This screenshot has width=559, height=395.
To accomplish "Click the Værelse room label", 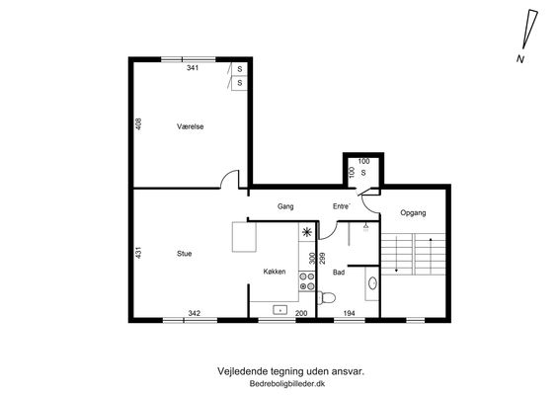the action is [190, 126].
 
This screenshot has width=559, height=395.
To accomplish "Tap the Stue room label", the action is [185, 254].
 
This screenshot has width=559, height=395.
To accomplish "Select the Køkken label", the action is [275, 272].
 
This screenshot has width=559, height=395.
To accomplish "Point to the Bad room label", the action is [339, 273].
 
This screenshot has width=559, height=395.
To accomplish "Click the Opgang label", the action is [413, 213].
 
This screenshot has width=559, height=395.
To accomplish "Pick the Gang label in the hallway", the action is [285, 206].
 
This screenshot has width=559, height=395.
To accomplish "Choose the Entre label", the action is [342, 206].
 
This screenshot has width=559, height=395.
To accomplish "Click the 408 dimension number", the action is [138, 123].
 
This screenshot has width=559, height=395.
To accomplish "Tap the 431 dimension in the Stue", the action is [138, 253].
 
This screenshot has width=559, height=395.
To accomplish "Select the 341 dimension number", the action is [193, 68].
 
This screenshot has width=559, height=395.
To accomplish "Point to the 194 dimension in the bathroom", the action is [349, 313].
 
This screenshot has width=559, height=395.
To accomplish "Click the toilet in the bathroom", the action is [326, 297].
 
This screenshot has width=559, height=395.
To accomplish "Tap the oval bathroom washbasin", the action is [373, 283].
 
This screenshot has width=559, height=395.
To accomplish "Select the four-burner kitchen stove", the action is [307, 281].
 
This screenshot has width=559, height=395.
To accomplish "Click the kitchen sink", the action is [280, 310].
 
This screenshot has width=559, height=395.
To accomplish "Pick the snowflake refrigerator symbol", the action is [307, 232].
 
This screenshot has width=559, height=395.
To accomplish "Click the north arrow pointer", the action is [530, 30].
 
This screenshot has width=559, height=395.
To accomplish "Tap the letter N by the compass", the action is [520, 59].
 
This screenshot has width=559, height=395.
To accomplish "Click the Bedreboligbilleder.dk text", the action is [287, 384].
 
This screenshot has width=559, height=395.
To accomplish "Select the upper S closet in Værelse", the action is [240, 69].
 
